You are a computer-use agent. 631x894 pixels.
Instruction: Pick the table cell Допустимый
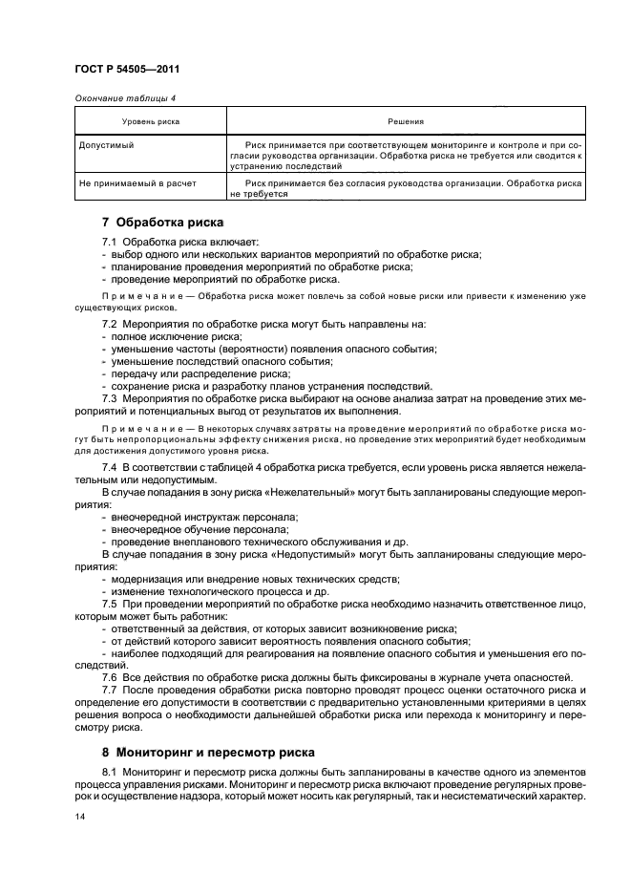tap(107, 144)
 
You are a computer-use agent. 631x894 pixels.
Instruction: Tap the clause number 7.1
tap(110, 242)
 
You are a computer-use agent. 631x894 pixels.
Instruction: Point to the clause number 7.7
tap(110, 689)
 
